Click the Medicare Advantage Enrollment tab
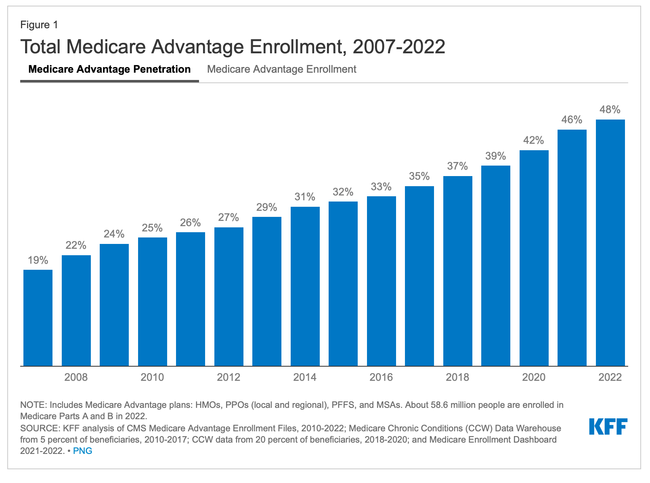coord(281,69)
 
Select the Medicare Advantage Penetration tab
coord(109,69)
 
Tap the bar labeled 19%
coord(38,318)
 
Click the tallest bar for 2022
coord(610,243)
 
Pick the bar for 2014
coord(305,286)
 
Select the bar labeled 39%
coord(495,266)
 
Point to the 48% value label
coord(610,110)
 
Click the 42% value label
coord(534,141)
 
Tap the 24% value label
coord(114,234)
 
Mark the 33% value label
coord(381,187)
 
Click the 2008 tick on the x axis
coord(76,377)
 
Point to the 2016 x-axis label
coord(381,377)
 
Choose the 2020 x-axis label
coord(534,377)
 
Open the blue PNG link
coord(83,451)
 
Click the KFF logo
coord(608,426)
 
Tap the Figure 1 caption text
coord(39,25)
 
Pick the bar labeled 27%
coord(229,296)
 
